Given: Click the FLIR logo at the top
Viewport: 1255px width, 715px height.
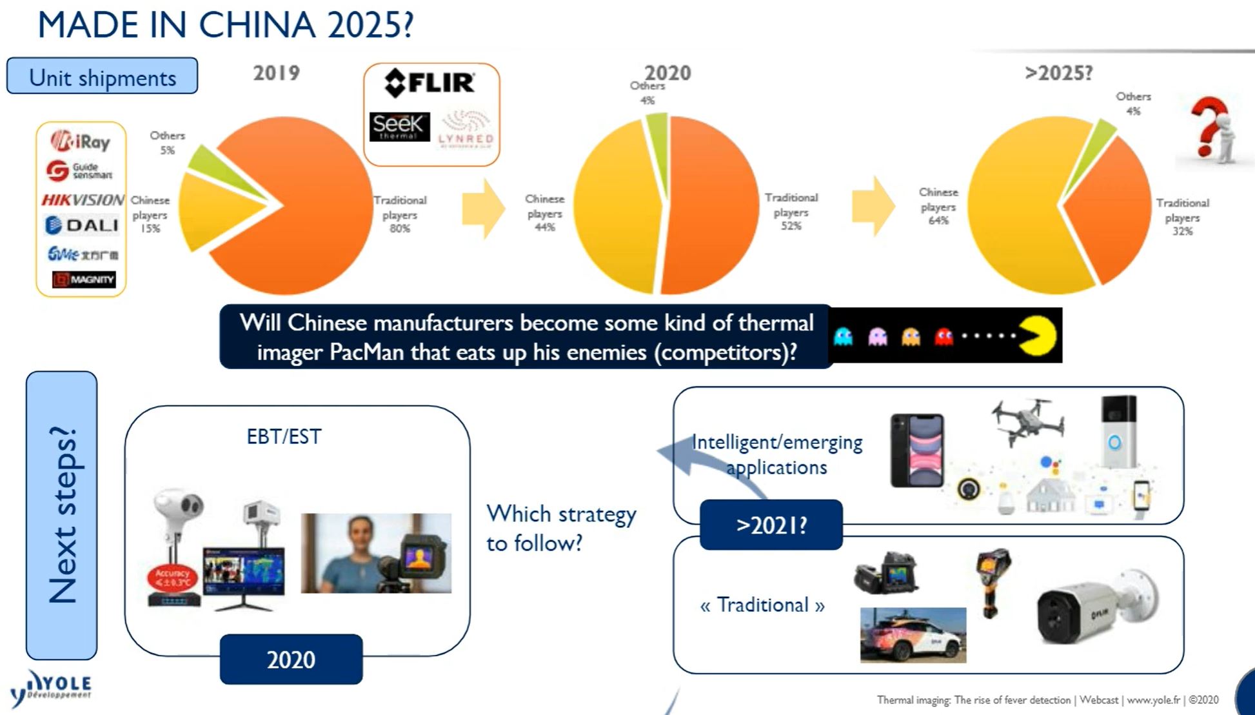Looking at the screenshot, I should point(430,83).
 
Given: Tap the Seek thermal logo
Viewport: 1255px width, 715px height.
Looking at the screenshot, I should point(399,126).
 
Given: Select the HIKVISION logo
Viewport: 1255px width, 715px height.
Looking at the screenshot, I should point(83,200).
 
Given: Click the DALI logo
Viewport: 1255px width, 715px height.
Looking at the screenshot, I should point(82,225).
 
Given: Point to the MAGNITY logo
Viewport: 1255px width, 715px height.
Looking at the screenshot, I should point(84,279).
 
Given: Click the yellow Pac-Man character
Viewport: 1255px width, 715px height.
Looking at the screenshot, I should point(1038,336).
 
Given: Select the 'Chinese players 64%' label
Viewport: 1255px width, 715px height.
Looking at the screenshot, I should point(938,206).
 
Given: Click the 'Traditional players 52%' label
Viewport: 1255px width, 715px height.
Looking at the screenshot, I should point(791,211).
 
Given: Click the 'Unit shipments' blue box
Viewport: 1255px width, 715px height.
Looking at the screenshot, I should point(102,77).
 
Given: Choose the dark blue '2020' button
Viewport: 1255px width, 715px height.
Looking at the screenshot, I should point(291,660).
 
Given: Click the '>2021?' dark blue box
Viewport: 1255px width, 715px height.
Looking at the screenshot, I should point(771,525).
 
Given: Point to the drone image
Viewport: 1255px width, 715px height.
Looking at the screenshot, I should point(1027,420).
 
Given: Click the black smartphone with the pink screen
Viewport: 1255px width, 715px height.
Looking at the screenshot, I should point(917,450).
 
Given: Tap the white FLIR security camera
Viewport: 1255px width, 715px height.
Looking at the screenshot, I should point(1096,607).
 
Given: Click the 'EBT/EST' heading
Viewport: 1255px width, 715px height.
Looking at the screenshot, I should point(284,437).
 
